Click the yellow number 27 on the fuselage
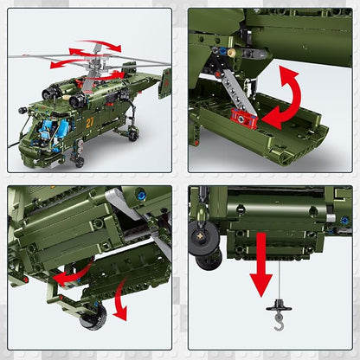click(90, 122)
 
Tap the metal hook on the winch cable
click(279, 322)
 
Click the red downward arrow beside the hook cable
click(261, 265)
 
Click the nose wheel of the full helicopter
click(80, 162)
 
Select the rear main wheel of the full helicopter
click(133, 136)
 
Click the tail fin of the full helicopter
click(164, 84)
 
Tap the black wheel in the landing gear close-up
click(93, 318)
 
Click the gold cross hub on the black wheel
click(200, 236)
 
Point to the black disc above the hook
click(279, 306)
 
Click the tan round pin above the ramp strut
click(231, 53)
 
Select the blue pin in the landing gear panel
click(141, 196)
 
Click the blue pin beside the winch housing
click(344, 221)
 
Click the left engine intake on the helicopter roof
click(48, 93)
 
